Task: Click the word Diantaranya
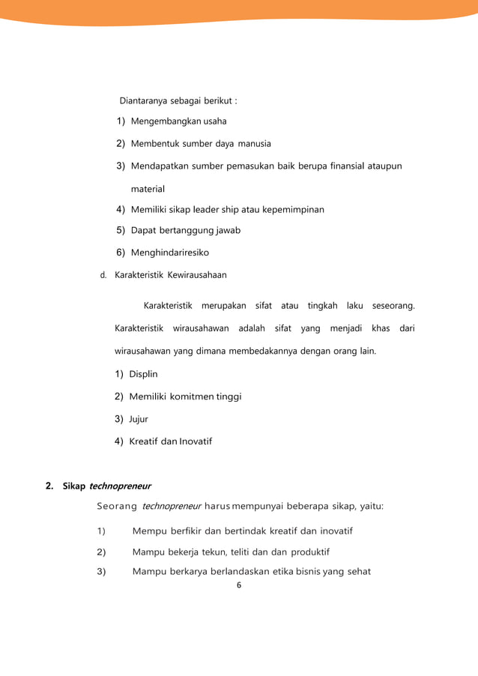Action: (x=144, y=100)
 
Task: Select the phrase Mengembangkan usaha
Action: (x=178, y=121)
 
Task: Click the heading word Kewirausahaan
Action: (x=197, y=275)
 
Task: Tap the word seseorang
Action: (x=393, y=306)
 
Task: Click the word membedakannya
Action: (x=264, y=351)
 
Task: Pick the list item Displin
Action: (x=143, y=374)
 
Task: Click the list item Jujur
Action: (x=139, y=419)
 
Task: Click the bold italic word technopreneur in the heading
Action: (x=120, y=486)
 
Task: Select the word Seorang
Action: (x=117, y=507)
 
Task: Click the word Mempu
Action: (x=148, y=531)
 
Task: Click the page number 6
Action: (x=239, y=585)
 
